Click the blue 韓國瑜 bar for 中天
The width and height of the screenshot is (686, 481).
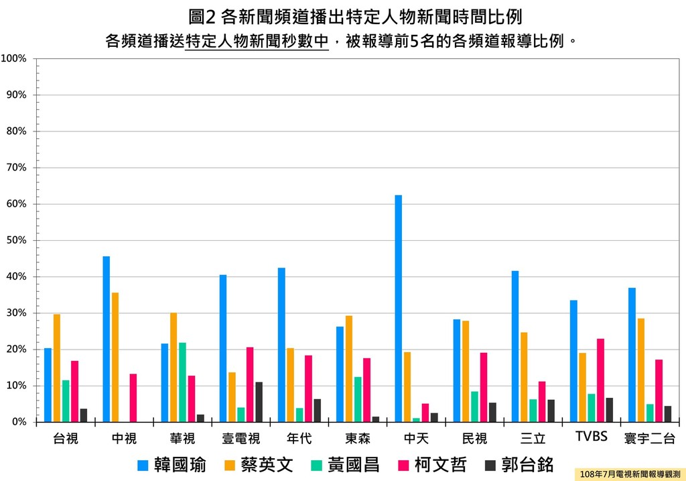pyautogui.click(x=399, y=309)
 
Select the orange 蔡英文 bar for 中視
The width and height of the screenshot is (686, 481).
pyautogui.click(x=115, y=357)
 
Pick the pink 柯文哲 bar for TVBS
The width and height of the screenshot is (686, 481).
pyautogui.click(x=600, y=380)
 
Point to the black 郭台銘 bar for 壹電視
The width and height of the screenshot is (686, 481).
pyautogui.click(x=259, y=402)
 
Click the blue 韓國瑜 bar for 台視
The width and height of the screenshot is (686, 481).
pyautogui.click(x=48, y=385)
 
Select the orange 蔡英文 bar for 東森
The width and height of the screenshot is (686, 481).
pyautogui.click(x=349, y=369)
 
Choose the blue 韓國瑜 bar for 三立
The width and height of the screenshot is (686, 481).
pyautogui.click(x=515, y=346)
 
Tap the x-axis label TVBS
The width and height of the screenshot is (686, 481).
pyautogui.click(x=592, y=437)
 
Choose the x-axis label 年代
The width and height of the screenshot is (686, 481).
pyautogui.click(x=299, y=439)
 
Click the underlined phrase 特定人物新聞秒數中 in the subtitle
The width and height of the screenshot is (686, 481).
pyautogui.click(x=257, y=41)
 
